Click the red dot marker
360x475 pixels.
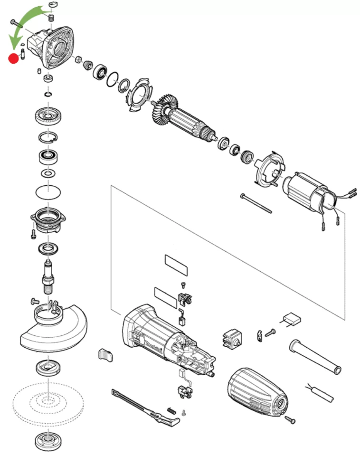click(x=14, y=59)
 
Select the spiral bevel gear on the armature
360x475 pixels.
click(x=163, y=110)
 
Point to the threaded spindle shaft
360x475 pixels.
click(x=48, y=277)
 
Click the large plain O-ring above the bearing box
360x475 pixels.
click(x=48, y=193)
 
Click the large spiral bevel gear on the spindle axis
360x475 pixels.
click(x=49, y=116)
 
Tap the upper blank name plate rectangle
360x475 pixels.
click(x=177, y=265)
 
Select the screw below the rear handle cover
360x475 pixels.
click(x=290, y=419)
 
